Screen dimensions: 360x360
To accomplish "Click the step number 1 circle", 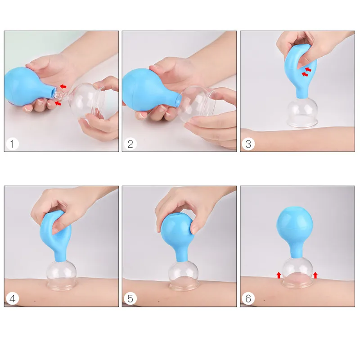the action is [12, 144].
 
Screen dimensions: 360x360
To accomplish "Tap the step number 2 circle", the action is [130, 144].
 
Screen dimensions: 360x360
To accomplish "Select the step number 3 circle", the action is [248, 144].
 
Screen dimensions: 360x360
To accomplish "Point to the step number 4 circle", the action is [12, 298].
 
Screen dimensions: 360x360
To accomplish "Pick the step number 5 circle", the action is [130, 298].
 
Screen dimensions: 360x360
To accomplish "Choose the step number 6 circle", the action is [248, 298].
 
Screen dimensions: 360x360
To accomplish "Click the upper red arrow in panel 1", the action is [63, 86].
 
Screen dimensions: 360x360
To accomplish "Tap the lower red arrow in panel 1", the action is [58, 103].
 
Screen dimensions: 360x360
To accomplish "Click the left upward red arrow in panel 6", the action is [279, 275].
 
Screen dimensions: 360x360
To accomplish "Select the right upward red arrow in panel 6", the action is [315, 275].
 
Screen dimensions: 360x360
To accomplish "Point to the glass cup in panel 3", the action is [302, 112].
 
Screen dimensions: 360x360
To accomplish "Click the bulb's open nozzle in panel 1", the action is [53, 92].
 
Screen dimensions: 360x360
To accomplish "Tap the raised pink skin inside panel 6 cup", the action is [298, 277].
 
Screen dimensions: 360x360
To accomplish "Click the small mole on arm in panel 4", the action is [35, 301].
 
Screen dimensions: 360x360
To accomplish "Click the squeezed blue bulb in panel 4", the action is [56, 237].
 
